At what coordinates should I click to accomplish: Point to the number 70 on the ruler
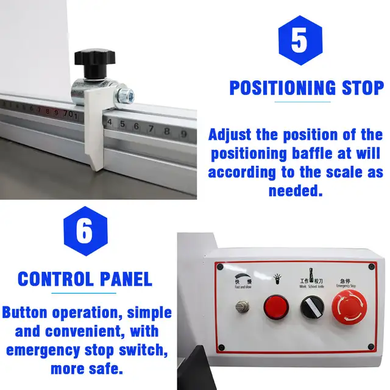point(68,113)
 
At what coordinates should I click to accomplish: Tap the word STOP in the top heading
point(362,88)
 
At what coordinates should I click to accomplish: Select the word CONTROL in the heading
point(53,279)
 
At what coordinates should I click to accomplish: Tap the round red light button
point(275,306)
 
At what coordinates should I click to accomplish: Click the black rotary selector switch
point(311,307)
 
